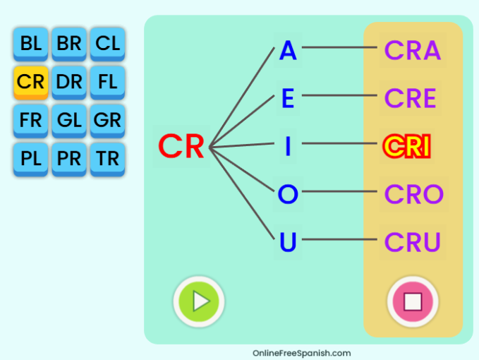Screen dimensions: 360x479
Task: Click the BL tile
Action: pos(30,44)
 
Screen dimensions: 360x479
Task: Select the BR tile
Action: pos(69,44)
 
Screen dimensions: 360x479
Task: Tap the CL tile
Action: pos(108,44)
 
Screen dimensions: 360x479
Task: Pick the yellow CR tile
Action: pos(30,82)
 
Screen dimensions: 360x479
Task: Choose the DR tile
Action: pos(69,82)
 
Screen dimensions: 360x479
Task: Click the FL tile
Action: pos(108,82)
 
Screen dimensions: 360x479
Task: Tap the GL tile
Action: pos(69,120)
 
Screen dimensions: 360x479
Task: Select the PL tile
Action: pos(30,158)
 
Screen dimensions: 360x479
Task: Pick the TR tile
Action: pos(108,158)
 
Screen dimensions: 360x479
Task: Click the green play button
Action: pos(199,301)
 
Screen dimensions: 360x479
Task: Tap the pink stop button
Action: pos(413,301)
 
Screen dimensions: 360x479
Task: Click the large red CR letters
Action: pos(181,147)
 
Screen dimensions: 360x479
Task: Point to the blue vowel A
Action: pos(288,51)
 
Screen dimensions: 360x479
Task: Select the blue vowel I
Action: pos(288,147)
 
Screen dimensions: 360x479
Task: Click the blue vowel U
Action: pos(288,242)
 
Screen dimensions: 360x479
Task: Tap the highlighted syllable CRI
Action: pos(406,147)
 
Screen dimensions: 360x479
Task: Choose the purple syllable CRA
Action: pos(413,51)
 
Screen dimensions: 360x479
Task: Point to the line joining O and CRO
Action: pos(339,191)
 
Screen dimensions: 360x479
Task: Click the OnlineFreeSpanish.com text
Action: pos(301,353)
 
